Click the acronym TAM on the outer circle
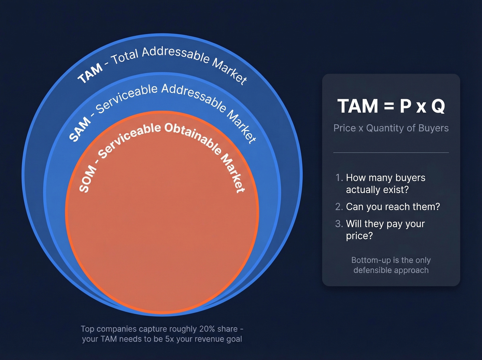(90, 73)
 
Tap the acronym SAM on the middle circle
(80, 129)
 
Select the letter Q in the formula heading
(438, 106)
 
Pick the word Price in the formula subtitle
(345, 128)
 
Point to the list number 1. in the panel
(339, 178)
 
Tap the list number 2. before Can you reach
(339, 207)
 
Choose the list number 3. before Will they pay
(339, 224)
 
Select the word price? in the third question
(359, 236)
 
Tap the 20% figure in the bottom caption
(207, 329)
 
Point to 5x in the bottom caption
(169, 339)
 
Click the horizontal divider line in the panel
(391, 152)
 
